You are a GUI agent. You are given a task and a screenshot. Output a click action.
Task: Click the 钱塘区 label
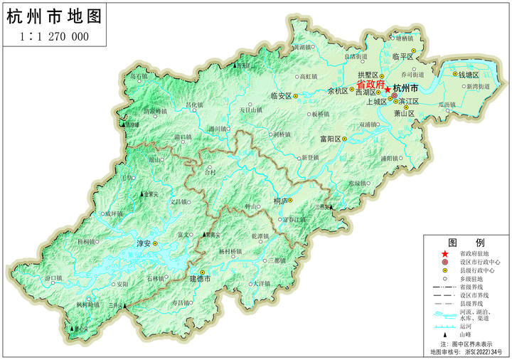pyautogui.click(x=470, y=74)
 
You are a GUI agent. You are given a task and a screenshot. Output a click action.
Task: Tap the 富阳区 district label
pyautogui.click(x=331, y=139)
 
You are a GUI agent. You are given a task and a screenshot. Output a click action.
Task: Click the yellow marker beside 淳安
pyautogui.click(x=156, y=244)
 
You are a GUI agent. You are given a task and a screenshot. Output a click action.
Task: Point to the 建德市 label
pyautogui.click(x=201, y=280)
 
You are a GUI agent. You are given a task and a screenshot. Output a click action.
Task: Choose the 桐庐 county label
pyautogui.click(x=281, y=201)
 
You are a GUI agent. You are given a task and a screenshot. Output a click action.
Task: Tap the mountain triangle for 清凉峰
pyautogui.click(x=125, y=125)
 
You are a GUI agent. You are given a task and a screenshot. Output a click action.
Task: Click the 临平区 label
pyautogui.click(x=402, y=56)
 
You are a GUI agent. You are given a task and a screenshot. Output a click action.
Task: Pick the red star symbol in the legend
pyautogui.click(x=445, y=254)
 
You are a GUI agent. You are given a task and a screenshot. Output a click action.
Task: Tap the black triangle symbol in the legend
pyautogui.click(x=445, y=334)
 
